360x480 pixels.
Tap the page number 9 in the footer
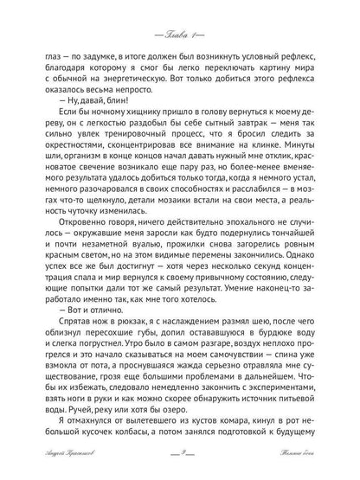click(179, 464)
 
